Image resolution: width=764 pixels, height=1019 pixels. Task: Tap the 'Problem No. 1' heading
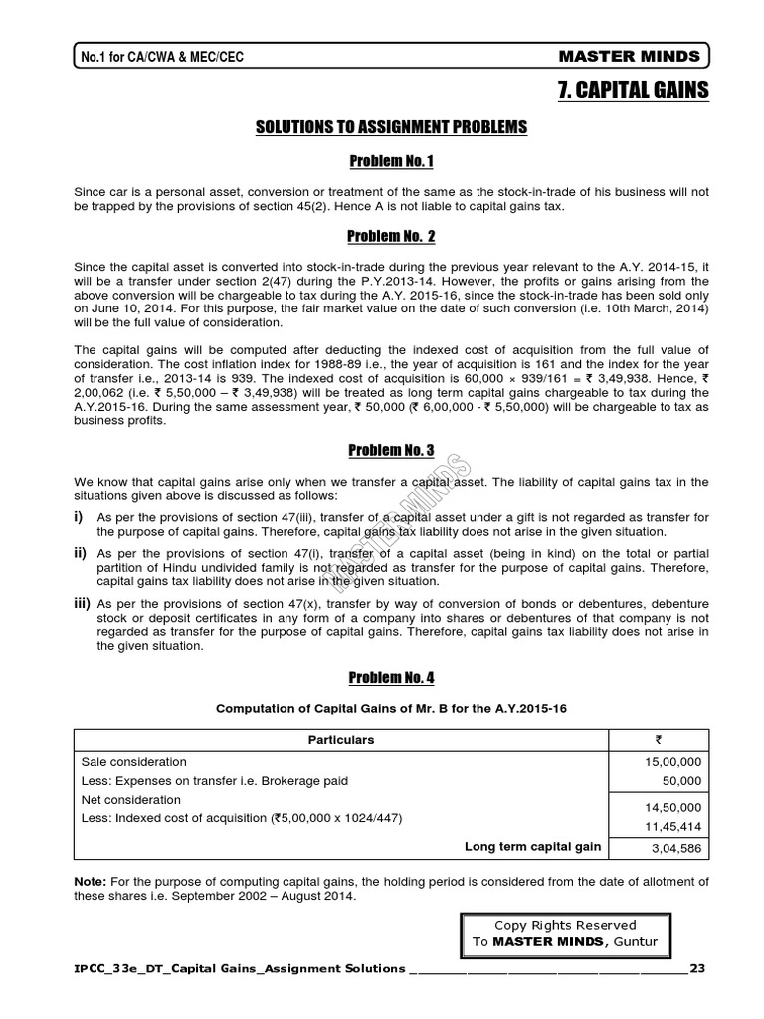coord(390,161)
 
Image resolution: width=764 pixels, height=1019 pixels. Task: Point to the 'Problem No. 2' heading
coord(390,236)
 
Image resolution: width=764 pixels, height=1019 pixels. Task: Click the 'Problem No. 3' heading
coord(390,450)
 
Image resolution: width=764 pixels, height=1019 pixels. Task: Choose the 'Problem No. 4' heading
coord(390,677)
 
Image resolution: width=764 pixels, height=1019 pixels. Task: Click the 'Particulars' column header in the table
coord(341,740)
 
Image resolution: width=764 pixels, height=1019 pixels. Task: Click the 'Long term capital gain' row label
coord(532,846)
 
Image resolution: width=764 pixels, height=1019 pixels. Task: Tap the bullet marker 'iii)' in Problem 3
coord(82,604)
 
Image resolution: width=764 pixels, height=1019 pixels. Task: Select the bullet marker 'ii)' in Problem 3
coord(80,553)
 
